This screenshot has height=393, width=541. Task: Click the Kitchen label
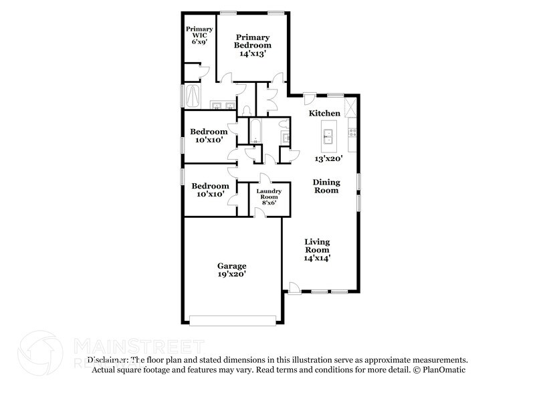click(324, 114)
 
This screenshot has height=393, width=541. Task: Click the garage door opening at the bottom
click(233, 320)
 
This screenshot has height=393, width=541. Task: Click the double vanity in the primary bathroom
click(221, 105)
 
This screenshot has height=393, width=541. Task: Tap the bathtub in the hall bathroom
click(255, 130)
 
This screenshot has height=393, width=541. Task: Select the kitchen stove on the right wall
click(352, 128)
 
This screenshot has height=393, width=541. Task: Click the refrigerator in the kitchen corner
click(350, 106)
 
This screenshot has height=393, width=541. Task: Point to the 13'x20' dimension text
click(329, 159)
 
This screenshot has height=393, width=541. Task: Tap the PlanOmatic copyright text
click(439, 370)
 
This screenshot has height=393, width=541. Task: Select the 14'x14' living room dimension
click(318, 257)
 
